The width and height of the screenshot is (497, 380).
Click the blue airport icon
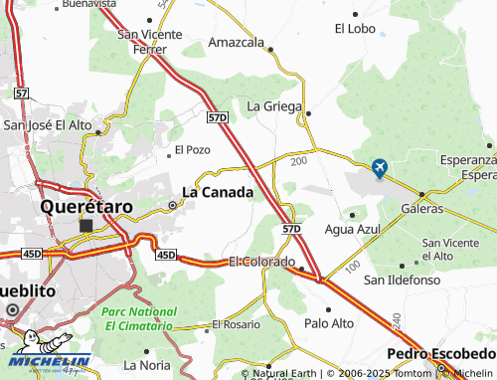(379, 169)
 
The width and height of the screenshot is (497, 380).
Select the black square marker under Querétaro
(85, 226)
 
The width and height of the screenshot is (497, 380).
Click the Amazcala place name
(237, 43)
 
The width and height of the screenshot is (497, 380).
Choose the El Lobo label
(355, 29)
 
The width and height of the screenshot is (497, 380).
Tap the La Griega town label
(273, 104)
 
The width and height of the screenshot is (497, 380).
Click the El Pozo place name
(193, 149)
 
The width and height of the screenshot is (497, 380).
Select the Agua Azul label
(353, 229)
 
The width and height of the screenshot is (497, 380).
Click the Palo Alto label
(330, 323)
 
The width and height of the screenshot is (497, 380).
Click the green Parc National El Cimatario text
(139, 317)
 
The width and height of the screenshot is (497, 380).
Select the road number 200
(299, 159)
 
